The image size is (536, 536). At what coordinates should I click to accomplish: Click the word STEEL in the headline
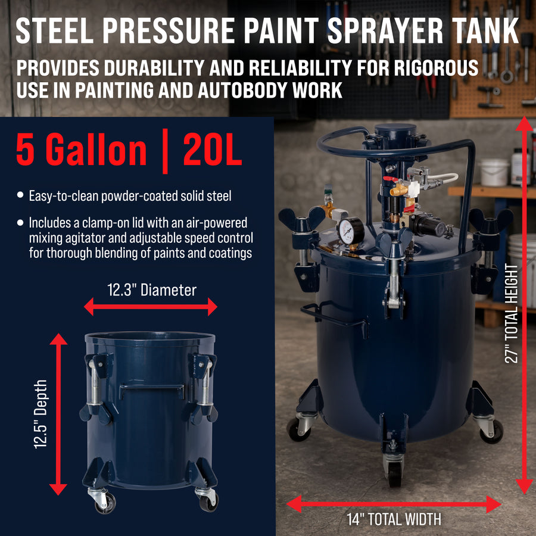point(54,30)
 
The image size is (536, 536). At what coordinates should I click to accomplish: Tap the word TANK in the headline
point(486,30)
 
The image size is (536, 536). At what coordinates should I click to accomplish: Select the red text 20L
point(213,149)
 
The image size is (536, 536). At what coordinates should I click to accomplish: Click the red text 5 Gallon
point(82,149)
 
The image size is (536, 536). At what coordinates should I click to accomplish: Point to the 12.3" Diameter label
point(152,290)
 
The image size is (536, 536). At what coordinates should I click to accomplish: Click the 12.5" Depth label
point(40,414)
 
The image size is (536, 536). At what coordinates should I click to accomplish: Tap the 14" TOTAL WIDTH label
point(394,519)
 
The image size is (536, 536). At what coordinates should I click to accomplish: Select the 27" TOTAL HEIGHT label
point(512,313)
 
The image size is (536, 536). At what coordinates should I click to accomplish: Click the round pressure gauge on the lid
point(351,231)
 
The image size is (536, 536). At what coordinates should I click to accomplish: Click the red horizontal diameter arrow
point(151,307)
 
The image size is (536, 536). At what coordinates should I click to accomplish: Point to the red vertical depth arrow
point(58,414)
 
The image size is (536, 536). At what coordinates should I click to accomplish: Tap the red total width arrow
point(394,504)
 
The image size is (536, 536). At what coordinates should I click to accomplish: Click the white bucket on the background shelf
point(494,172)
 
